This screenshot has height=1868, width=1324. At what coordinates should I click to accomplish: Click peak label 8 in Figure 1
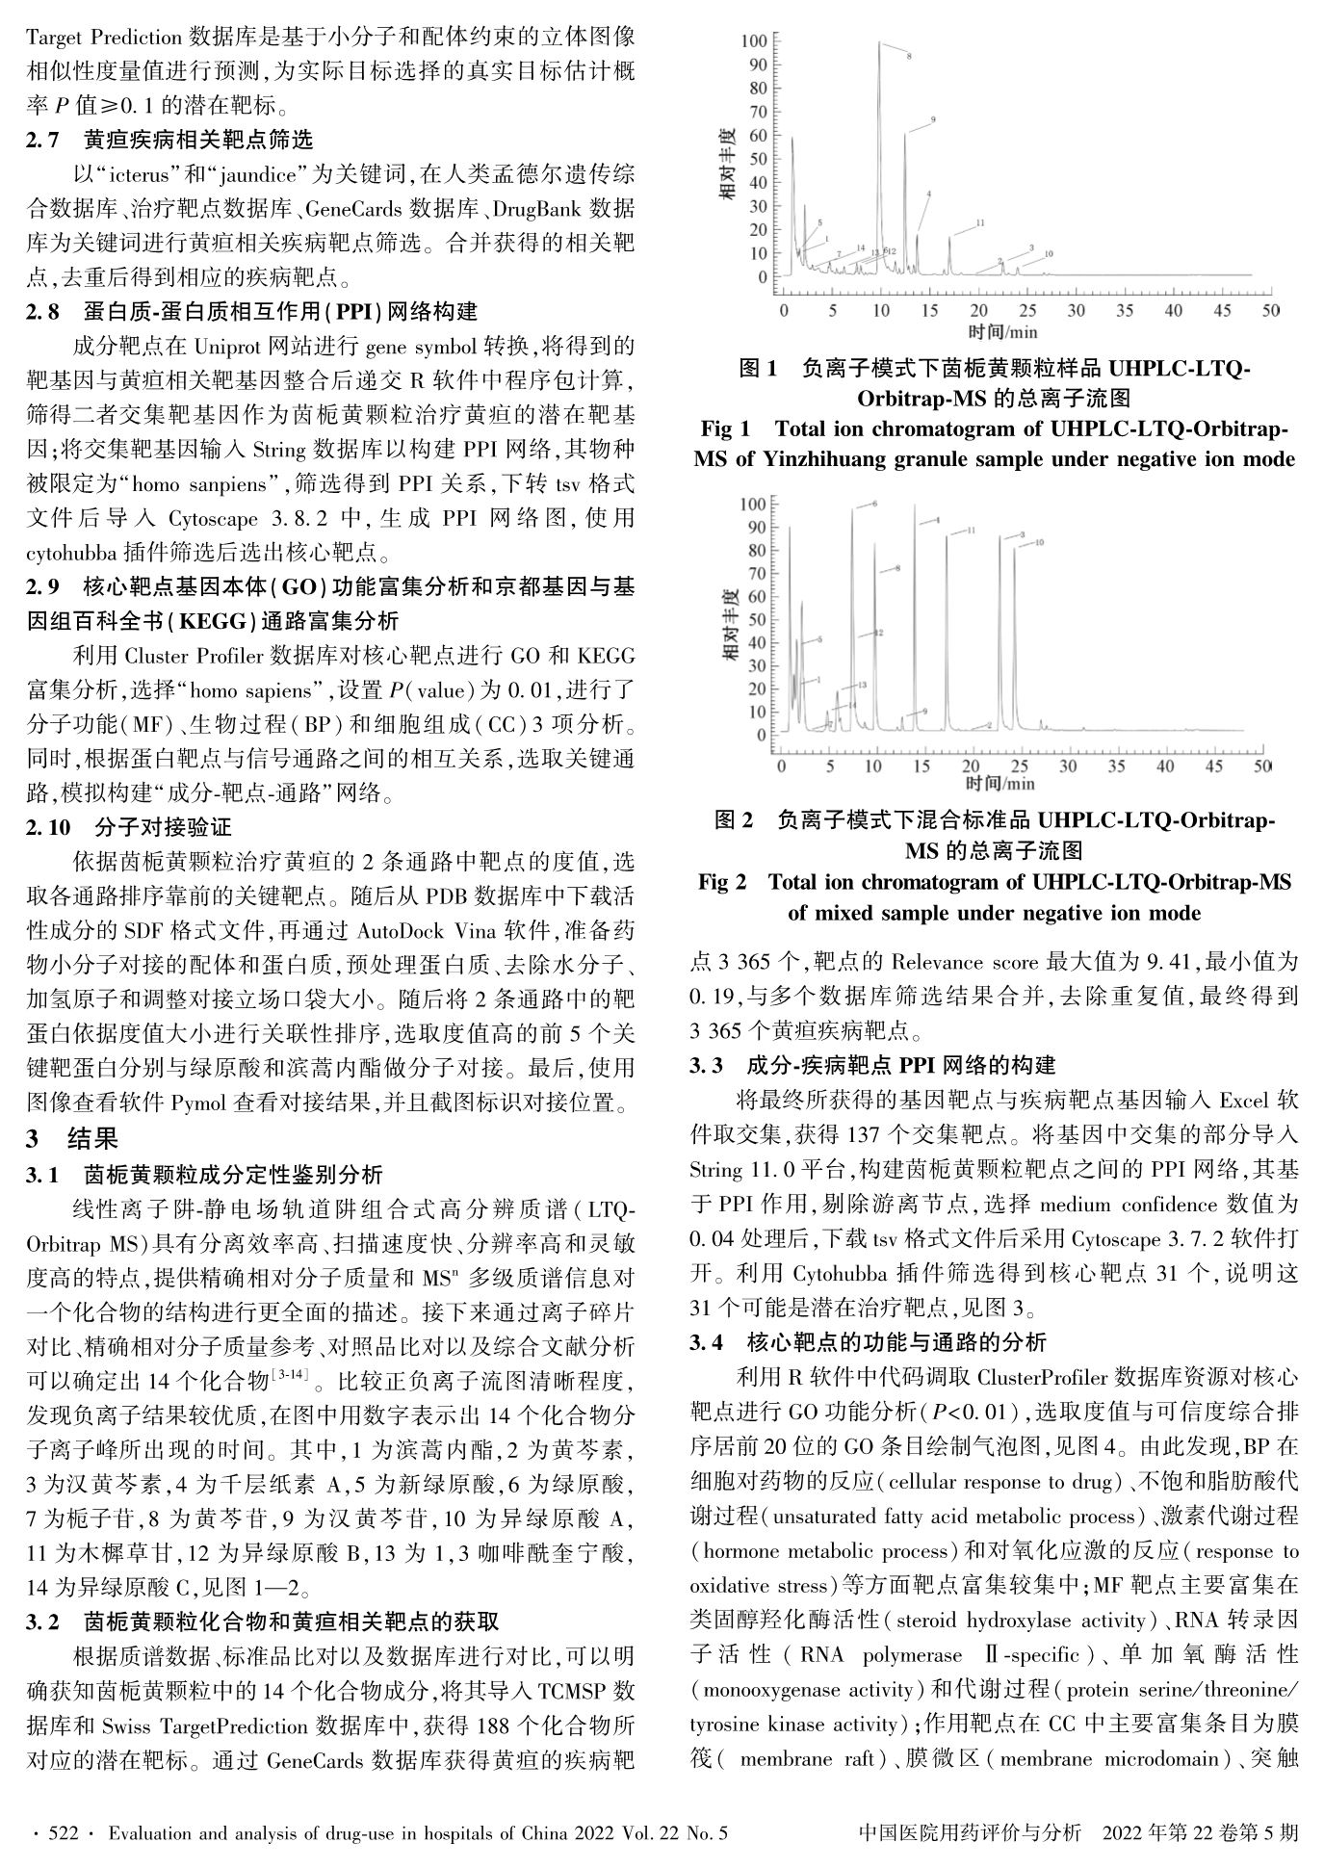pyautogui.click(x=908, y=57)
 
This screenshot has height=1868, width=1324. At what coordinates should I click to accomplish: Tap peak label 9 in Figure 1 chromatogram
pyautogui.click(x=933, y=120)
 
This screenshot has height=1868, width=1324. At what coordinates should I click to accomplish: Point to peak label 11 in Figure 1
pyautogui.click(x=979, y=223)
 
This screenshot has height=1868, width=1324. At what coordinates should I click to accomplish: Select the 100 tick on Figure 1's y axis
pyautogui.click(x=755, y=40)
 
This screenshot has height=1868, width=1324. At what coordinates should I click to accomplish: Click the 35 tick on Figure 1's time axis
pyautogui.click(x=1125, y=311)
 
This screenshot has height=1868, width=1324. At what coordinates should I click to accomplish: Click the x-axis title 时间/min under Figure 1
pyautogui.click(x=1002, y=332)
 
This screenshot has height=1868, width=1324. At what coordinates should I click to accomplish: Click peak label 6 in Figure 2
pyautogui.click(x=874, y=504)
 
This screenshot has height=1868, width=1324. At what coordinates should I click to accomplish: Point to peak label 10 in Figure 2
pyautogui.click(x=1039, y=543)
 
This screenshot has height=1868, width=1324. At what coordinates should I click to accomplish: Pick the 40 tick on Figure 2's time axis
pyautogui.click(x=1165, y=766)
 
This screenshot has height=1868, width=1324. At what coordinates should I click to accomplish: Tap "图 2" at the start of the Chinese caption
pyautogui.click(x=734, y=820)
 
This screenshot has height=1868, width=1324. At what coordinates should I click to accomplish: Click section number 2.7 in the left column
pyautogui.click(x=43, y=140)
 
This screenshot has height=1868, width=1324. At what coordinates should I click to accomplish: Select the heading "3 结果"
pyautogui.click(x=72, y=1139)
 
